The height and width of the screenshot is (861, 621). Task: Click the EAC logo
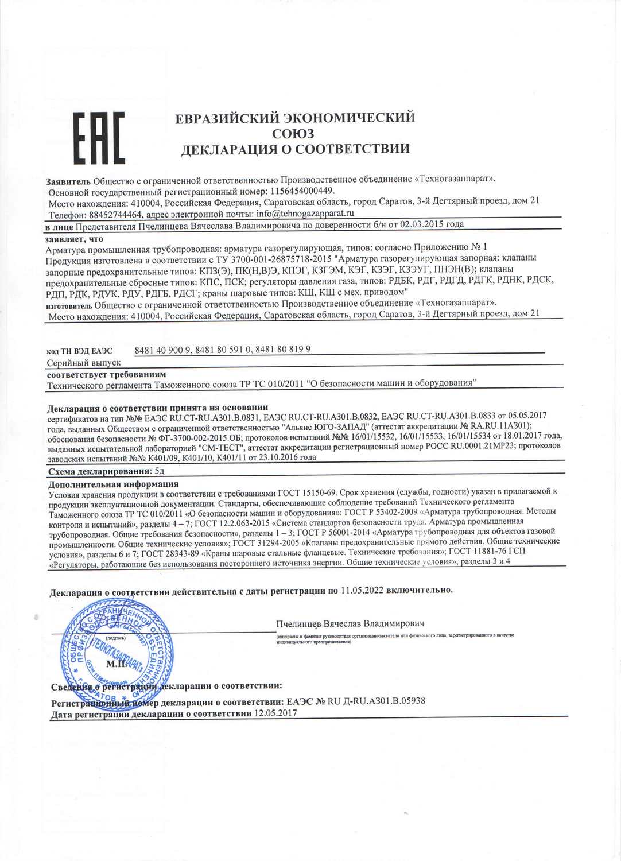[99, 138]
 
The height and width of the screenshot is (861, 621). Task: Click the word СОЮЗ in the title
[293, 134]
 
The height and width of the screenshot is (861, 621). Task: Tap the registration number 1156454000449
[301, 191]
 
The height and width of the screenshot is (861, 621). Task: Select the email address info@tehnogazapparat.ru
[305, 214]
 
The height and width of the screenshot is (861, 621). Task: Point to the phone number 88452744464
[115, 215]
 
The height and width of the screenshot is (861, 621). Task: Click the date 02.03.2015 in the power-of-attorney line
[422, 224]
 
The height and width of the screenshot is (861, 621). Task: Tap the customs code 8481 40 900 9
[162, 350]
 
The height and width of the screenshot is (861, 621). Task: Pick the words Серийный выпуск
[84, 363]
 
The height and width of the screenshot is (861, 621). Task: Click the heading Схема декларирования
[99, 471]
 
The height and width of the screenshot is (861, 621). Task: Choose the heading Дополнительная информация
[114, 484]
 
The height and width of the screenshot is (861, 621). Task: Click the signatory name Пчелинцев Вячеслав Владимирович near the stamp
[350, 623]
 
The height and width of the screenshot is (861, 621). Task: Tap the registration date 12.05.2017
[275, 713]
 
